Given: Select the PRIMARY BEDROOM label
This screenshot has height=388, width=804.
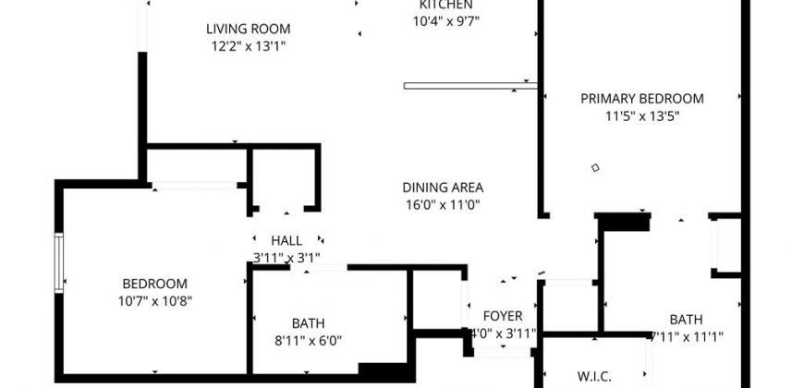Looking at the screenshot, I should (x=641, y=99).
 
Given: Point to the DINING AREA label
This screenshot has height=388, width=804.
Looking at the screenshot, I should (x=443, y=187).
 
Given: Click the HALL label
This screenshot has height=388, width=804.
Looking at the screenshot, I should (x=286, y=241).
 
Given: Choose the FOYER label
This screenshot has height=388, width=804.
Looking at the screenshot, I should (x=503, y=315).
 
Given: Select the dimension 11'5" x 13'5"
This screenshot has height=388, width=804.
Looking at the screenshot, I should (x=641, y=116).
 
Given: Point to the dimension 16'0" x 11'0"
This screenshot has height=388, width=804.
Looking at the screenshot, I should (x=443, y=204).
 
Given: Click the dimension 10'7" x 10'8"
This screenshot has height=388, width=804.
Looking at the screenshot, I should (x=155, y=300).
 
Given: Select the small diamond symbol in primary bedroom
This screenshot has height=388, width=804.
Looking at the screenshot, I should (x=595, y=168).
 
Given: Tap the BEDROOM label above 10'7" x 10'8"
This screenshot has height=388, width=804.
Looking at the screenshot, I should (x=155, y=284).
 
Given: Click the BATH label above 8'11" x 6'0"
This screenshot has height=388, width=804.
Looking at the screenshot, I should (x=308, y=323).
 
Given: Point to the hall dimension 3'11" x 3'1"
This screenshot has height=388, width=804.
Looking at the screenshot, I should (x=286, y=258).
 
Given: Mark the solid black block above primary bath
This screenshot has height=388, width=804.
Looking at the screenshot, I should (x=624, y=222).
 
